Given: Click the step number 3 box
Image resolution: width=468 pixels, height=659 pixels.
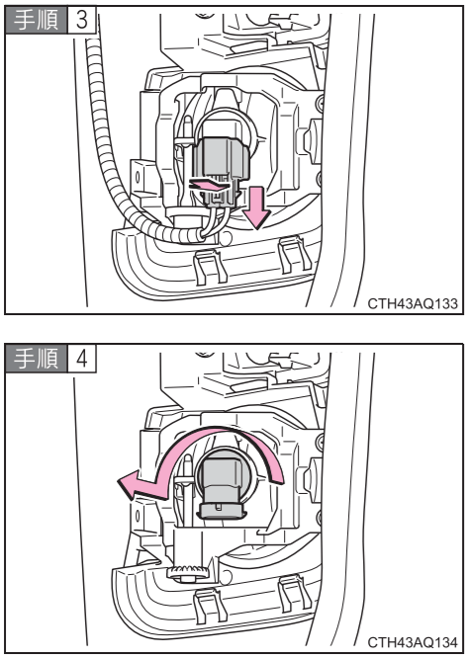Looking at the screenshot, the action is tap(82, 20).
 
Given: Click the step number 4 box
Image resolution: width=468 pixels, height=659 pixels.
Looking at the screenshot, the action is tap(82, 359).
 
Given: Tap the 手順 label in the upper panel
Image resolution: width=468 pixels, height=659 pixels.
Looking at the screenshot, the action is tap(37, 20).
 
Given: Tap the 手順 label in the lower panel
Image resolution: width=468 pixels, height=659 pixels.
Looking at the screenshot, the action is tap(37, 359).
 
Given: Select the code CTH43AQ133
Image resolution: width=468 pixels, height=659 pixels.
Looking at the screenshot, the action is tap(413, 303).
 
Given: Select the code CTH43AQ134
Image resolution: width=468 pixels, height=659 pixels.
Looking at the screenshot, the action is tap(413, 642).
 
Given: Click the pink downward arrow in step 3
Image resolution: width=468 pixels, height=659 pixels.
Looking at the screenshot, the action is tap(256, 208).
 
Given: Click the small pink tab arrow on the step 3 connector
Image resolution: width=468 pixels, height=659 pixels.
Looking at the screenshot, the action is tap(209, 185).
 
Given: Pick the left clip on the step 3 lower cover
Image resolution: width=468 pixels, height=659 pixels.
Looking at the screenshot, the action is tap(210, 266).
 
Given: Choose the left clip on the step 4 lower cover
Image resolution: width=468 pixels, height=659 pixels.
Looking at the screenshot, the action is tap(210, 605).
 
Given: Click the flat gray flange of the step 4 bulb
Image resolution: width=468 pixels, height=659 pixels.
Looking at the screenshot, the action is tap(221, 511).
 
